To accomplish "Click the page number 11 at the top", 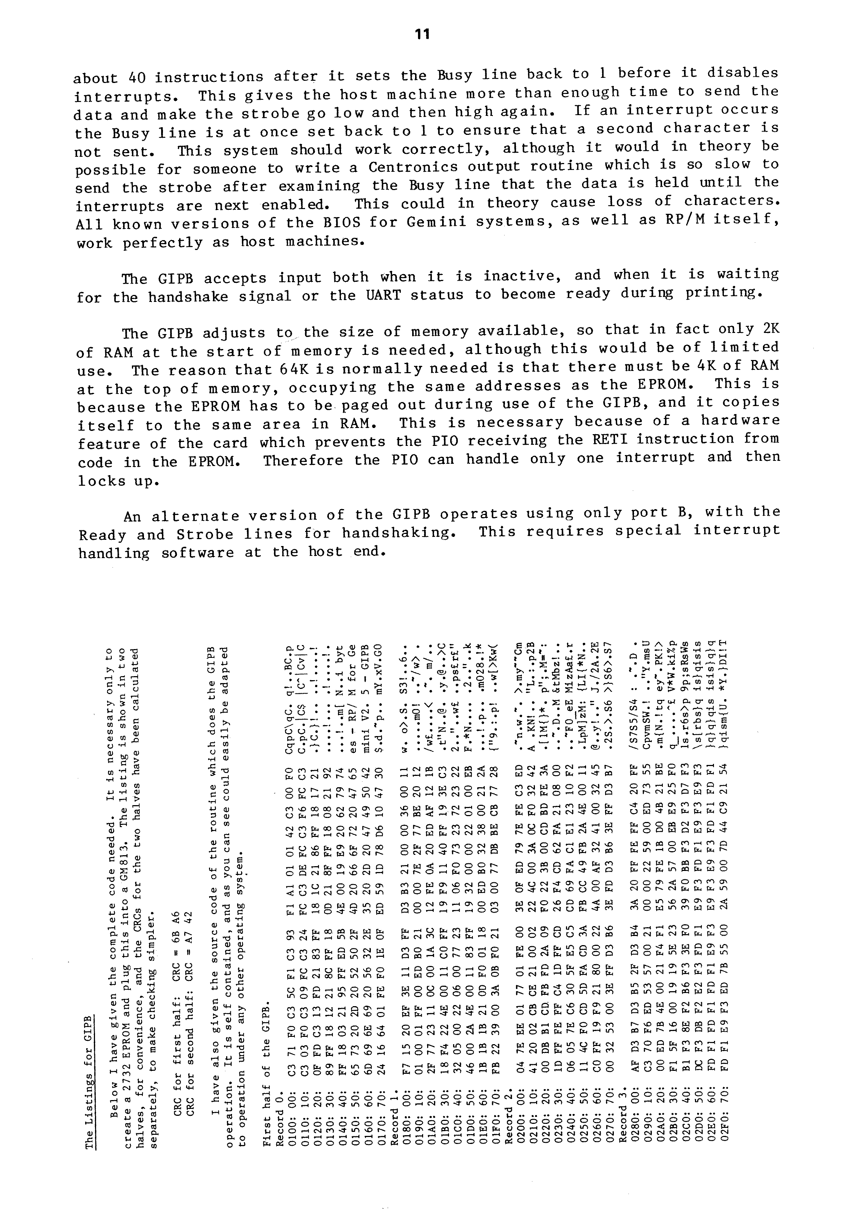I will tap(422, 34).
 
